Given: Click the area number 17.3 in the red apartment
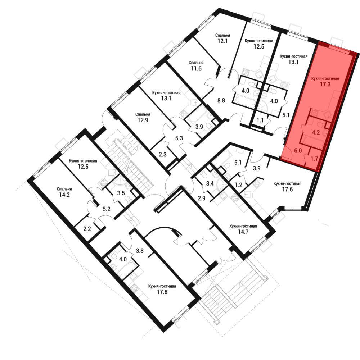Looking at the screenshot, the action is point(325,84).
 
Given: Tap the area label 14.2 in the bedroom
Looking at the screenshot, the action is point(64,195).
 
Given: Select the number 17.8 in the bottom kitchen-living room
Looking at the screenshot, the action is point(162,292).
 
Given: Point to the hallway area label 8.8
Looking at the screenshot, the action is point(221,100).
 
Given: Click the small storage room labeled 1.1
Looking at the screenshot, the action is point(260,120).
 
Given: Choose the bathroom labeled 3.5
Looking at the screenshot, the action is point(121,193).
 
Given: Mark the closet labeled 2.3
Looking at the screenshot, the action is point(163,154).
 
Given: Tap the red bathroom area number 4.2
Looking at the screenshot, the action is point(316,132).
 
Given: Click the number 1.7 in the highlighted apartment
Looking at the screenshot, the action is point(314,159).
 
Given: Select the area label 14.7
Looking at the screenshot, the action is point(243,232).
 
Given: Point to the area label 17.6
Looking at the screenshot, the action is point(287,190).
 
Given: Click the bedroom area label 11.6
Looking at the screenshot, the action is point(196,68).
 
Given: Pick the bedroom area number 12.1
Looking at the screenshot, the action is point(222,41).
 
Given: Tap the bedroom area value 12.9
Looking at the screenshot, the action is point(143,120).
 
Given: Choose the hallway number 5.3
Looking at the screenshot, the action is point(179,138).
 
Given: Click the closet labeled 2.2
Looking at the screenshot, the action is point(87,229).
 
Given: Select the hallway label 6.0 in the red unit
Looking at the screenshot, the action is point(298,151).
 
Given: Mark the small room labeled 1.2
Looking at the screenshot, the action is point(239,184).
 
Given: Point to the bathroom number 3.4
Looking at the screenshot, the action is point(210,183).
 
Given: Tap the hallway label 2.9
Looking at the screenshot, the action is point(202,198).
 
